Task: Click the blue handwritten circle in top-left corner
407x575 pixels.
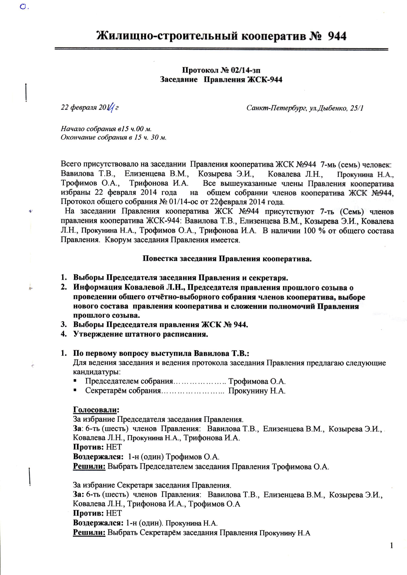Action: pos(23,8)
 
